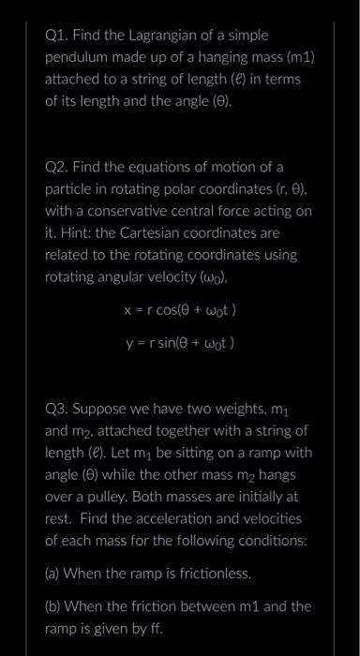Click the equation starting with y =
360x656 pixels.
coord(179,342)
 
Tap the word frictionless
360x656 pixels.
coord(209,572)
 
